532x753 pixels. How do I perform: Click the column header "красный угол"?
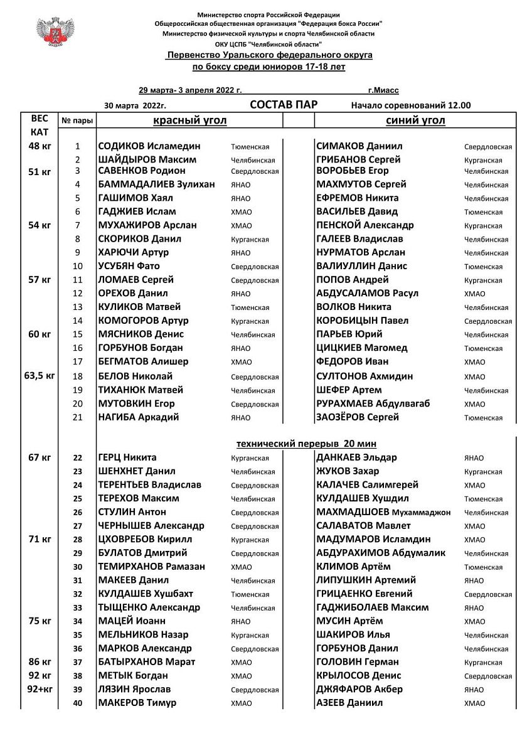pyautogui.click(x=190, y=120)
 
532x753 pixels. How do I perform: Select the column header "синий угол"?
pyautogui.click(x=415, y=120)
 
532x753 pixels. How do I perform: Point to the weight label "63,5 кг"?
pyautogui.click(x=40, y=376)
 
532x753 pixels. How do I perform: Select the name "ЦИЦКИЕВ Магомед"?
pyautogui.click(x=362, y=348)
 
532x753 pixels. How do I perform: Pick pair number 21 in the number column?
pyautogui.click(x=78, y=417)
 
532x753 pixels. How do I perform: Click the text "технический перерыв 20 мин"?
pyautogui.click(x=307, y=444)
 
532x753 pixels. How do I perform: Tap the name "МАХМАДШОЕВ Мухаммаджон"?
pyautogui.click(x=383, y=512)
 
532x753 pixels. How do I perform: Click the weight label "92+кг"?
pyautogui.click(x=39, y=689)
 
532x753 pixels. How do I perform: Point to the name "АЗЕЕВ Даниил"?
pyautogui.click(x=349, y=703)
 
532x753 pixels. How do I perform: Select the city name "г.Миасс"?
pyautogui.click(x=383, y=90)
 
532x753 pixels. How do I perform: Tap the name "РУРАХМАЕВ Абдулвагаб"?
pyautogui.click(x=373, y=403)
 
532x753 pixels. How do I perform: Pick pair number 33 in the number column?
pyautogui.click(x=78, y=608)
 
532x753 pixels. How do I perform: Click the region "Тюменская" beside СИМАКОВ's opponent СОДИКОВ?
pyautogui.click(x=250, y=147)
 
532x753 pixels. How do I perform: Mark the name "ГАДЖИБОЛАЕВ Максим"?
pyautogui.click(x=373, y=607)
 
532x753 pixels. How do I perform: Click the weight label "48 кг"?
pyautogui.click(x=40, y=146)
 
